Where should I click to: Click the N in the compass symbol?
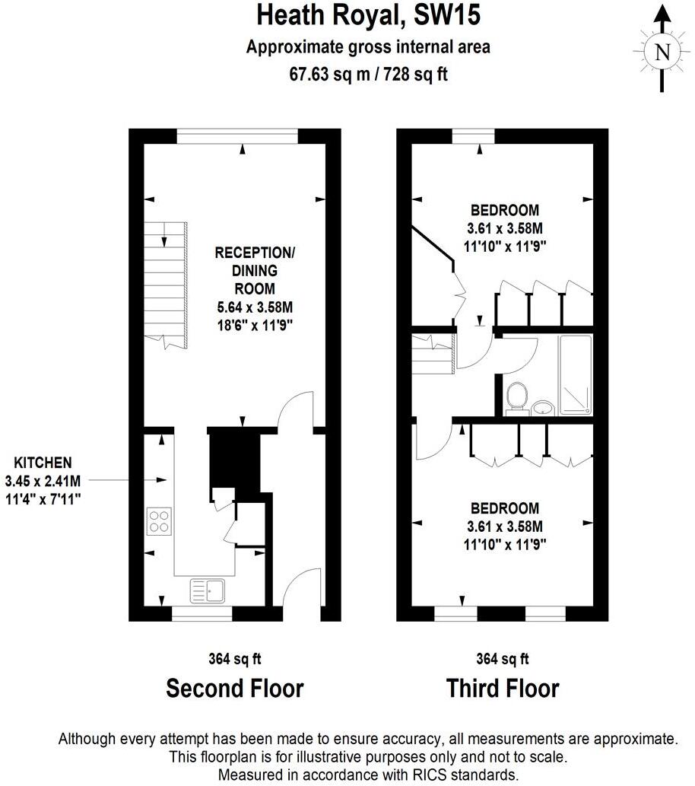(662, 52)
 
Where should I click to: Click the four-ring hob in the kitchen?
(159, 521)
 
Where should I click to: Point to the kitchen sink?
(206, 590)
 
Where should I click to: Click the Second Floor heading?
(235, 689)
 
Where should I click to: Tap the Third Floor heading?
(503, 689)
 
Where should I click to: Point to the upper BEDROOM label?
(504, 210)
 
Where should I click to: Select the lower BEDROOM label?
(504, 508)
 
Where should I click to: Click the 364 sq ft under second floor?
(235, 659)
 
